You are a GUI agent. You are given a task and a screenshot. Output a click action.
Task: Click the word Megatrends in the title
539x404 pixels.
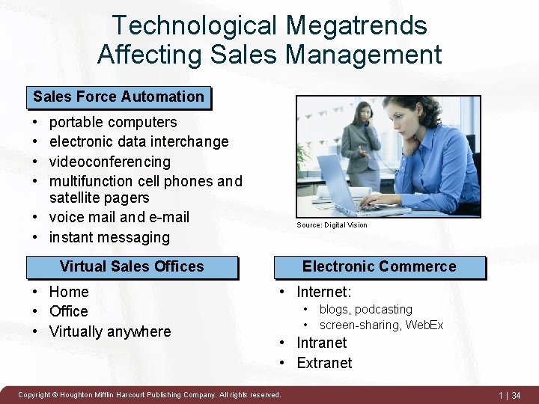pyautogui.click(x=356, y=25)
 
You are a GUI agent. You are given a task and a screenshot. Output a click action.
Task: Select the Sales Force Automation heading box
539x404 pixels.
pyautogui.click(x=118, y=97)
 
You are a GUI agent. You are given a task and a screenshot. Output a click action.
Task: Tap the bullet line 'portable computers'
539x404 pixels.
pyautogui.click(x=113, y=122)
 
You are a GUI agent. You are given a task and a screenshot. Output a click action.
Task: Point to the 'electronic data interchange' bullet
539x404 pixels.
pyautogui.click(x=138, y=141)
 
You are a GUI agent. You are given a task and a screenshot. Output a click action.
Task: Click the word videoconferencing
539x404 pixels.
pyautogui.click(x=110, y=162)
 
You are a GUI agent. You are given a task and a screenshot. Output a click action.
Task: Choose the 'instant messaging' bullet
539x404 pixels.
pyautogui.click(x=109, y=237)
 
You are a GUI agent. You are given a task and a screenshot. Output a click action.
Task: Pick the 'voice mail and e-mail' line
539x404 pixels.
pyautogui.click(x=119, y=218)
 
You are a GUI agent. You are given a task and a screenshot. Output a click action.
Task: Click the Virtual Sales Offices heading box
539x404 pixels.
pyautogui.click(x=132, y=266)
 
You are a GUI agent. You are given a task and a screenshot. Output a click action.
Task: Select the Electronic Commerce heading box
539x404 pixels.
pyautogui.click(x=379, y=266)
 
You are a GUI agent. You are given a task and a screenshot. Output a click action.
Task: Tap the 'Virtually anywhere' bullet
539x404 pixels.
pyautogui.click(x=110, y=331)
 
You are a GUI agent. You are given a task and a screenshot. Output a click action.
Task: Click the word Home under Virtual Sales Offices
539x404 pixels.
pyautogui.click(x=69, y=292)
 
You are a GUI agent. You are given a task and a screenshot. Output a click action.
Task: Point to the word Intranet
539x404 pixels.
pyautogui.click(x=322, y=343)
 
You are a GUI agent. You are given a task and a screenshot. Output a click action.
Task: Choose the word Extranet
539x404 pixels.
pyautogui.click(x=324, y=363)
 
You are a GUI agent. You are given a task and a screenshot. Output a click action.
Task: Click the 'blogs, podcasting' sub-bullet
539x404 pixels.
pyautogui.click(x=365, y=310)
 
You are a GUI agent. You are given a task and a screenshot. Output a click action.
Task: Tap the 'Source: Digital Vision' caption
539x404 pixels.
pyautogui.click(x=332, y=225)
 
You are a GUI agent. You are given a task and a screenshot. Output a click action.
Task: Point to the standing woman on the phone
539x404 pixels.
pyautogui.click(x=363, y=150)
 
